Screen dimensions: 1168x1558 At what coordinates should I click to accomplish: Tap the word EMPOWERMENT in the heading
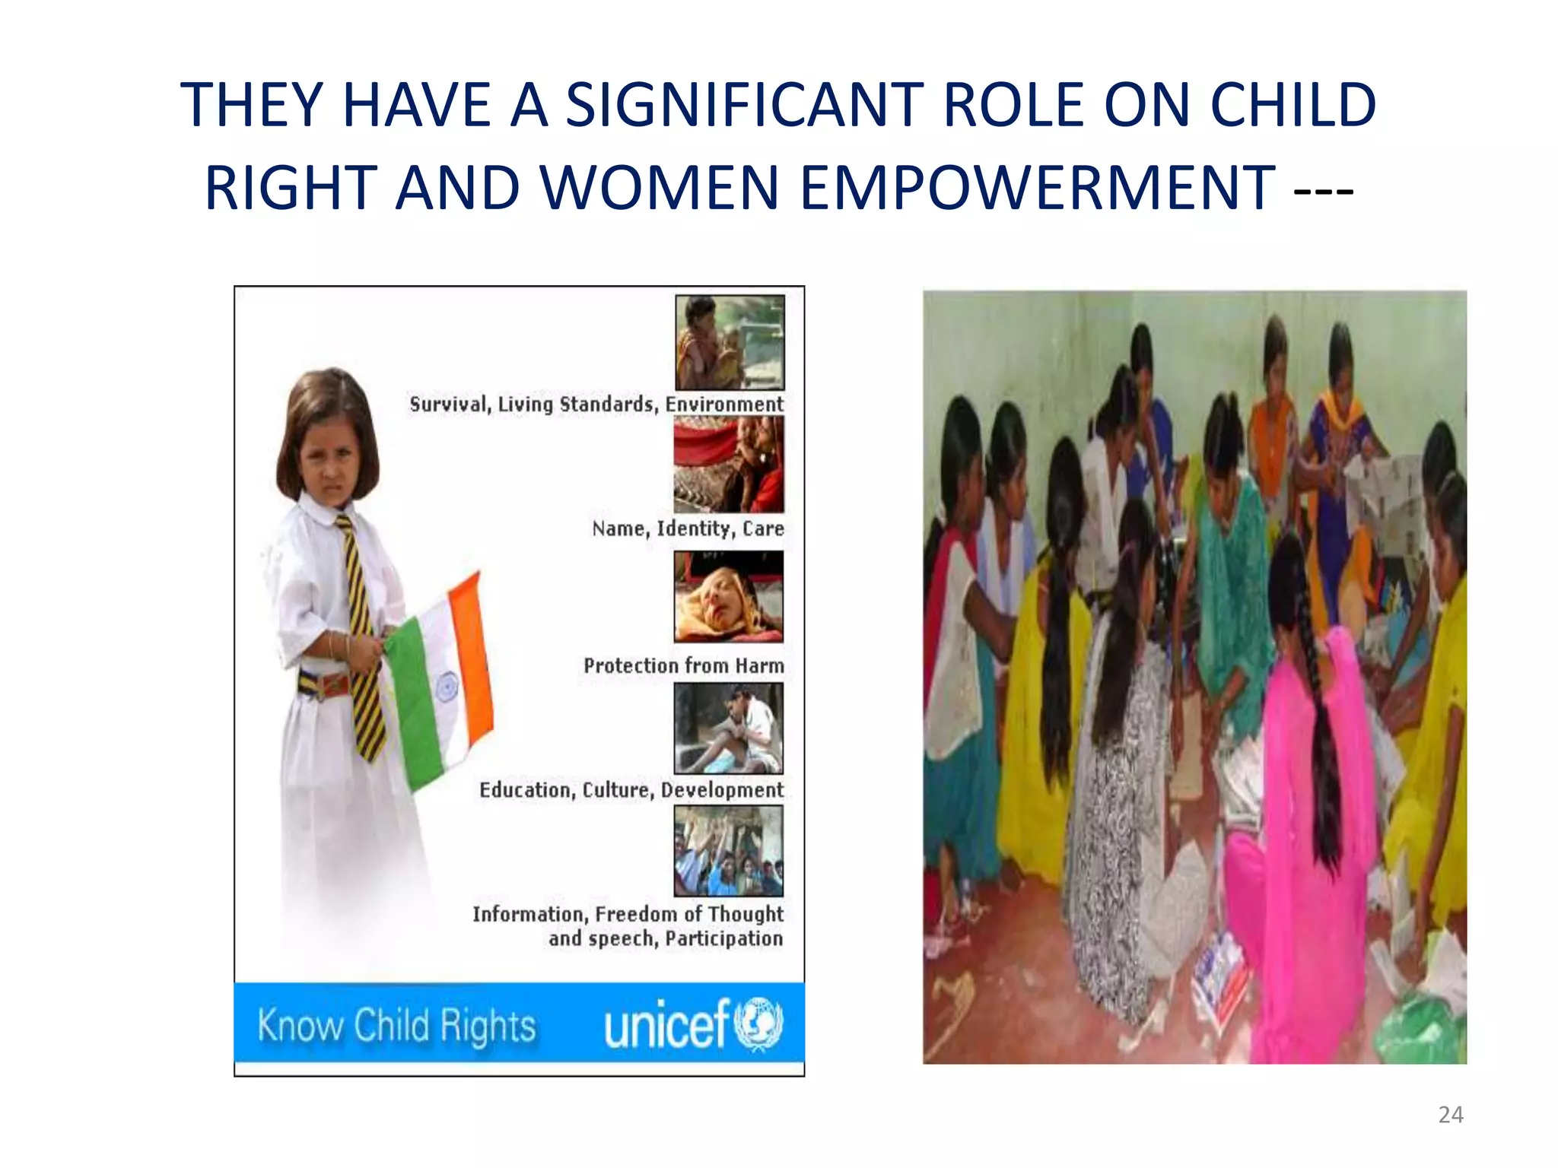tap(1038, 188)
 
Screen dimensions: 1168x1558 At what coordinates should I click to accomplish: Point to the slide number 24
tap(1450, 1115)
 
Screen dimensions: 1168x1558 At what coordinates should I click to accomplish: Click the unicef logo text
tap(667, 1024)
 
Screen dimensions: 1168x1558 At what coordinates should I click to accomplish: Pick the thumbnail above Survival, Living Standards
tap(729, 342)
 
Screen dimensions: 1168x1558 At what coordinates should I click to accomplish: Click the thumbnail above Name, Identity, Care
tap(728, 464)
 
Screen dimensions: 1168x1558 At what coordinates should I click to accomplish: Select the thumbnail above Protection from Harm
tap(728, 597)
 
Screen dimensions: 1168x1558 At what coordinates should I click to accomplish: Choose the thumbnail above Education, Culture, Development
tap(728, 728)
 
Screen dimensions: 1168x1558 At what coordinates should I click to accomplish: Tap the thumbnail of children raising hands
tap(728, 851)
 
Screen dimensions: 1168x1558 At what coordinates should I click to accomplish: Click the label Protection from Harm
tap(683, 666)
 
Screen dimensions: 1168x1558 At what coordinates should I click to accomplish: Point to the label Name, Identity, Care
tap(688, 528)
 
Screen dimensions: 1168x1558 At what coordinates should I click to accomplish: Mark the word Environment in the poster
tap(723, 405)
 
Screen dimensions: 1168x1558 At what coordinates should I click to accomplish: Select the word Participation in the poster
tap(723, 938)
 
